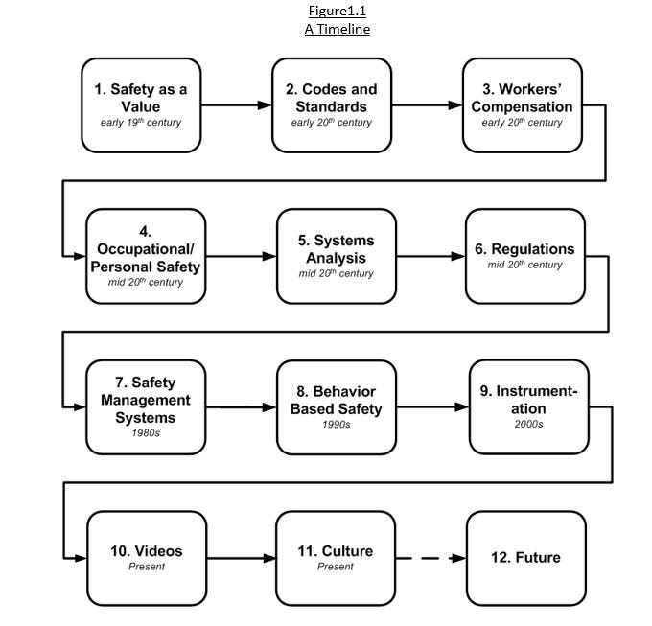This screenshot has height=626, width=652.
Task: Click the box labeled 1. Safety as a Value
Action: click(x=141, y=104)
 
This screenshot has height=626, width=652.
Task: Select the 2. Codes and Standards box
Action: click(x=332, y=104)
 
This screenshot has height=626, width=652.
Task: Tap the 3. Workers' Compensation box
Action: click(x=522, y=104)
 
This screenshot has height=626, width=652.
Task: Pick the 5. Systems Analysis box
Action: click(x=336, y=256)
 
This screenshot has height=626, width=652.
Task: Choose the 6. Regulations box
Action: click(x=524, y=256)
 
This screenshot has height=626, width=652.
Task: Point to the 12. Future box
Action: click(x=525, y=557)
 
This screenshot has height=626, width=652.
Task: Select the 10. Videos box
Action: click(x=147, y=557)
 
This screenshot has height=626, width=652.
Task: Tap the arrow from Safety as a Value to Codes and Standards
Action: click(x=236, y=105)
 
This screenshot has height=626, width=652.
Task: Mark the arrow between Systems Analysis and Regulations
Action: click(x=431, y=256)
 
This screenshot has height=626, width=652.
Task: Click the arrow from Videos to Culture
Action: click(x=241, y=557)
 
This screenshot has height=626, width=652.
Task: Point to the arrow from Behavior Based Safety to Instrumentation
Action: click(x=432, y=406)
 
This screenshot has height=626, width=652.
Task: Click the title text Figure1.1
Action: click(x=338, y=12)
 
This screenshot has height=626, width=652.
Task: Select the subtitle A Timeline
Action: click(x=338, y=29)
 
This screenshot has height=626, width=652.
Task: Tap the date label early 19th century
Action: click(x=141, y=124)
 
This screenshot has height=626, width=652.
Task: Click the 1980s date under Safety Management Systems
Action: click(x=147, y=432)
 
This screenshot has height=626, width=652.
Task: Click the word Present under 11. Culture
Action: click(x=336, y=567)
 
